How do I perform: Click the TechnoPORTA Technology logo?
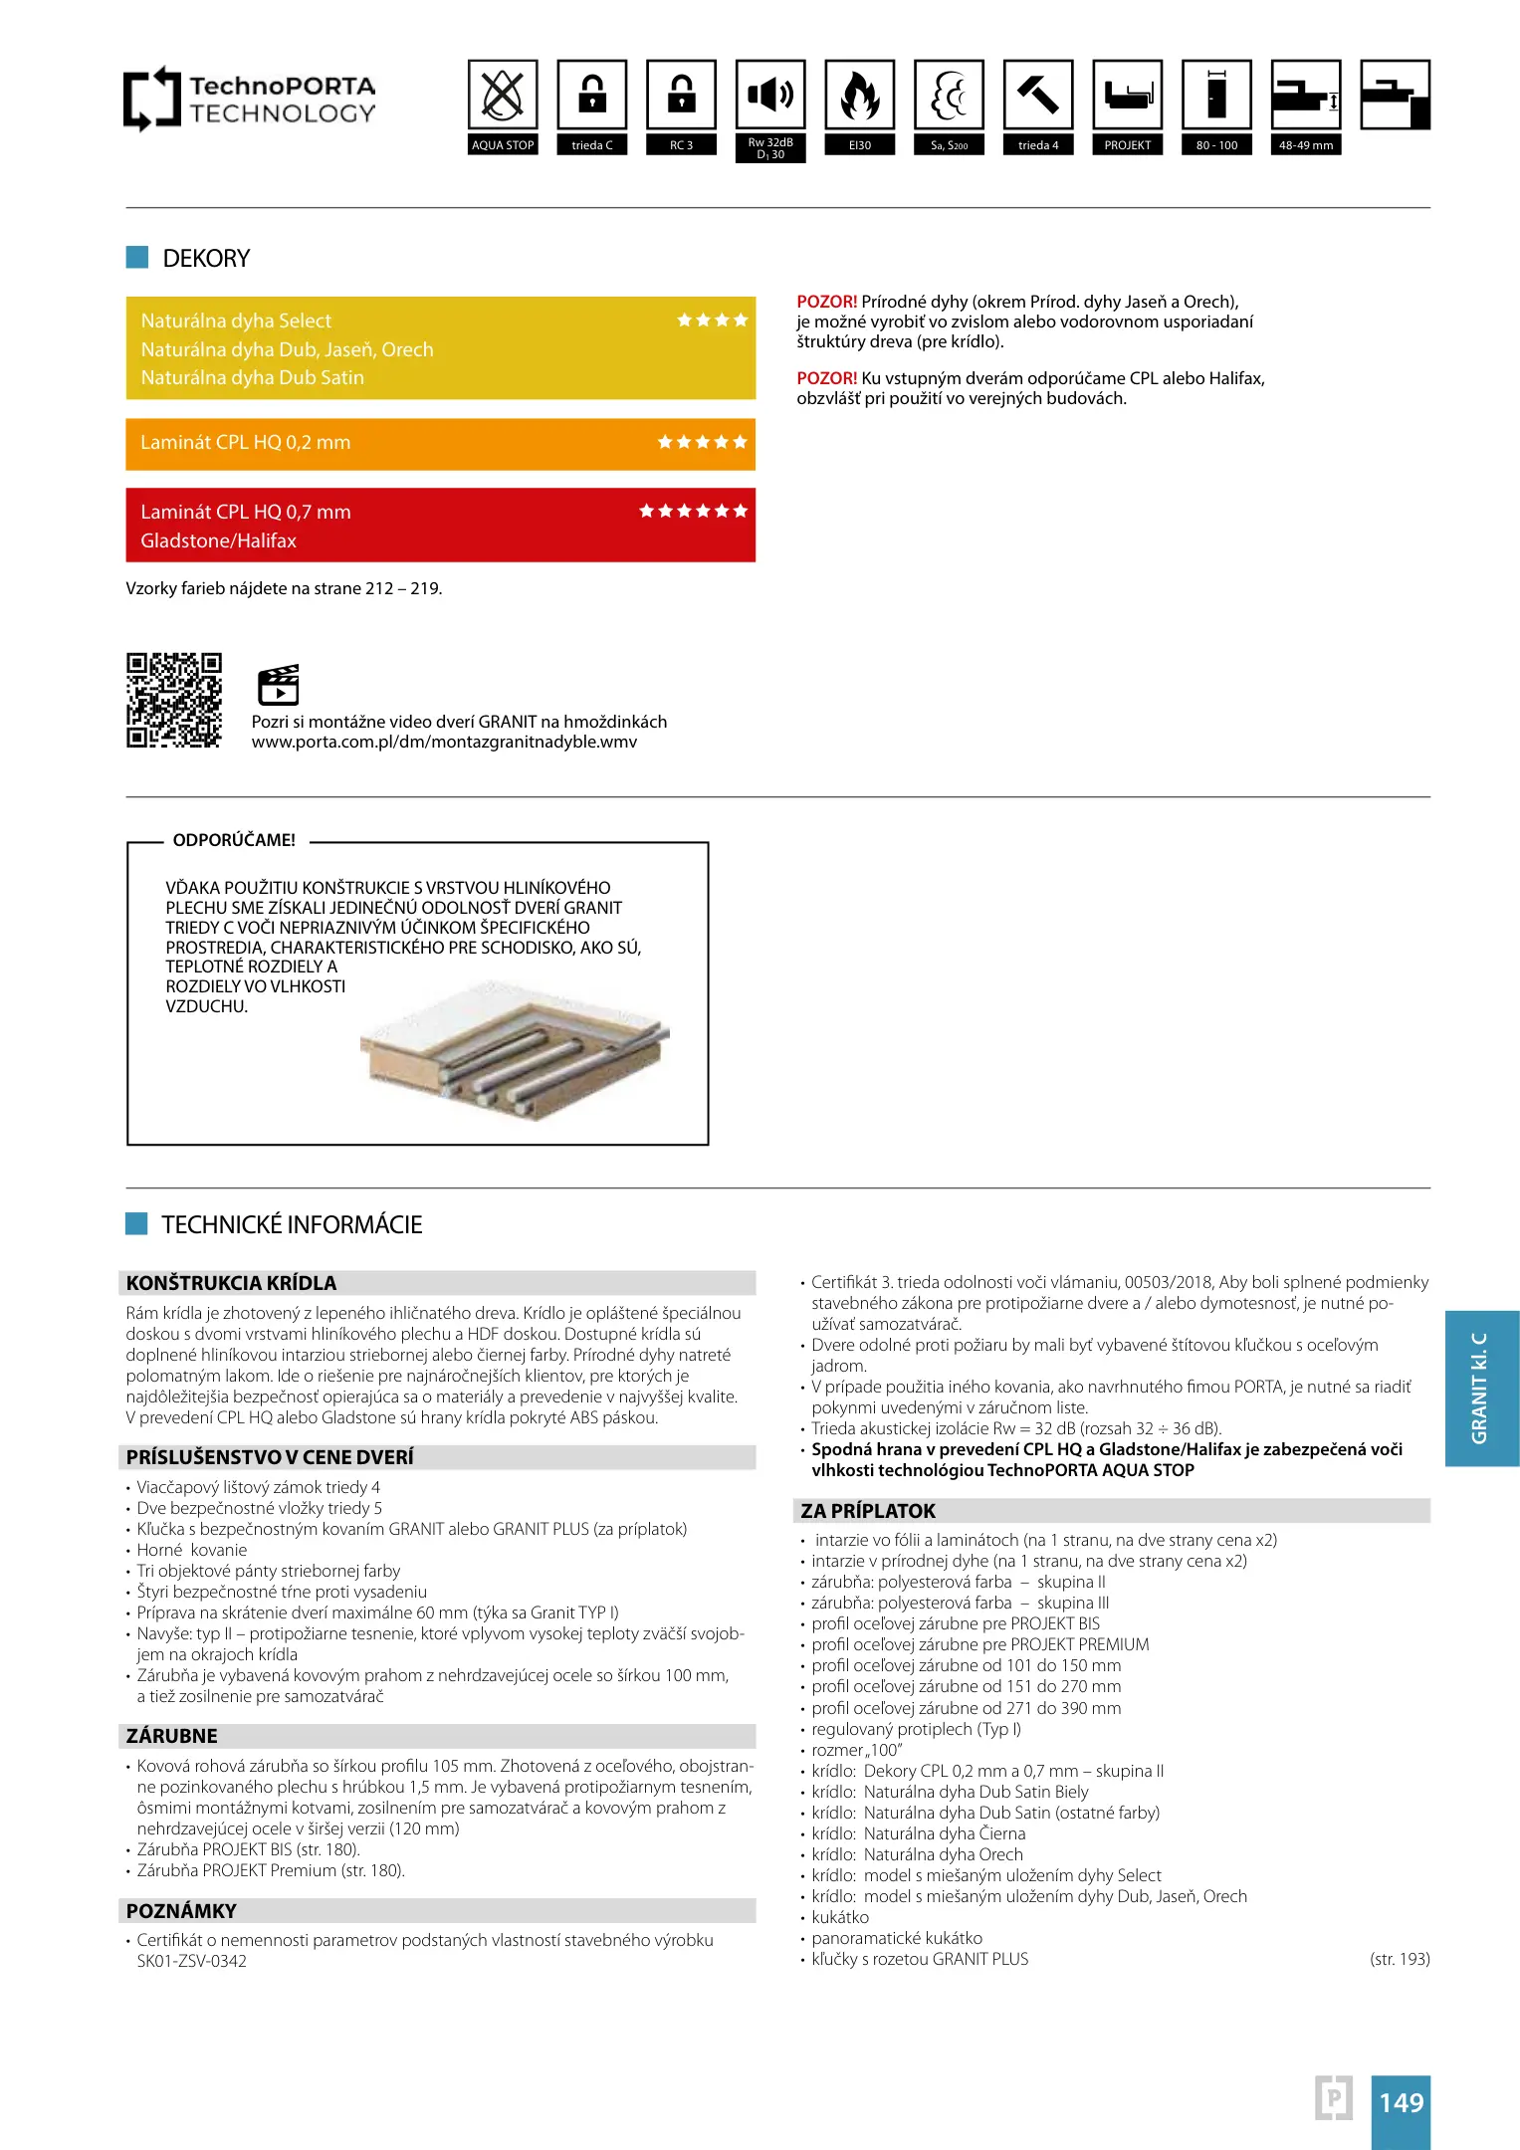(x=250, y=99)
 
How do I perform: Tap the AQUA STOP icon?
(x=503, y=96)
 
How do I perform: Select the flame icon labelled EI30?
(x=860, y=96)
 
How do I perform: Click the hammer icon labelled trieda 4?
(x=1038, y=96)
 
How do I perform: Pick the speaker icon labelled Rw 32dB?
(x=770, y=96)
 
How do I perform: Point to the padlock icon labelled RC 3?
(x=682, y=96)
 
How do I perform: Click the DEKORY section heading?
(x=206, y=259)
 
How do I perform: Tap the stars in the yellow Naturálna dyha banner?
(x=712, y=321)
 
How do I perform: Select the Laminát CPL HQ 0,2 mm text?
(x=246, y=443)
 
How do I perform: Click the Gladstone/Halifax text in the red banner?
(x=219, y=541)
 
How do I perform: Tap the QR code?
(x=174, y=700)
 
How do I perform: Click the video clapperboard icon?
(x=279, y=685)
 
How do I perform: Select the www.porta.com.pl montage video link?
(x=444, y=743)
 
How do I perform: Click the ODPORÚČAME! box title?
(x=234, y=841)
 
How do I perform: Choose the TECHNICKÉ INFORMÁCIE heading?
(x=292, y=1225)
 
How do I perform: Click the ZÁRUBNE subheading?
(x=172, y=1736)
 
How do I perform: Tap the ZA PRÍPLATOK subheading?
(x=868, y=1511)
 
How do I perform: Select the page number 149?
(x=1401, y=2102)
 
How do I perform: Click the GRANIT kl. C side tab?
(x=1481, y=1388)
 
